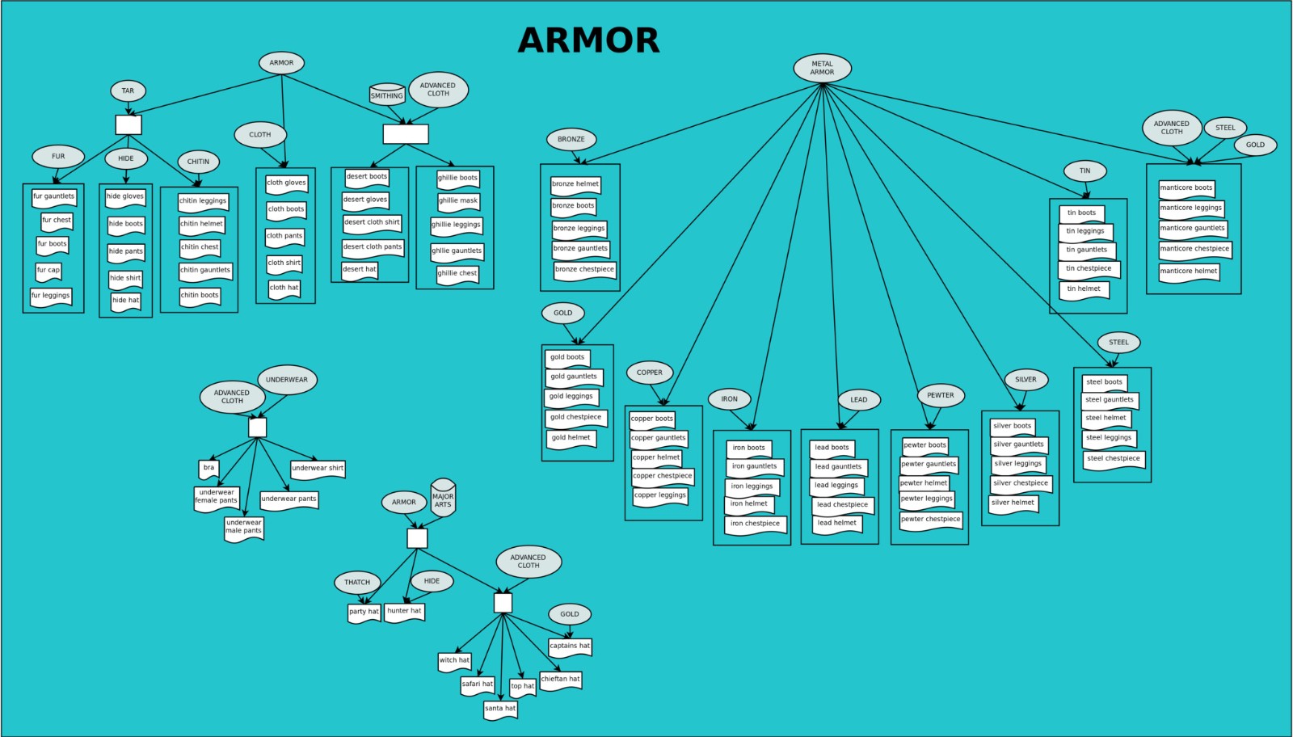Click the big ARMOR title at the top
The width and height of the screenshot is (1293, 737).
[x=588, y=40]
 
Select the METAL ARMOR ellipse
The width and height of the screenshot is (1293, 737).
[x=822, y=68]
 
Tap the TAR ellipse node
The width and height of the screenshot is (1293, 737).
[x=128, y=91]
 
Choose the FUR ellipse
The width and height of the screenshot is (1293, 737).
[x=58, y=156]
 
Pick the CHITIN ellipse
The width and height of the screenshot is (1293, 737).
[x=198, y=162]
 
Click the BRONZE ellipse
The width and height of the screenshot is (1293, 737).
[x=571, y=139]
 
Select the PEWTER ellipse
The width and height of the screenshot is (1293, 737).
[x=941, y=395]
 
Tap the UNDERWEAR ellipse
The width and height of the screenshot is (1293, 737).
[x=287, y=379]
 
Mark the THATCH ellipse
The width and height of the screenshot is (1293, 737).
[x=357, y=582]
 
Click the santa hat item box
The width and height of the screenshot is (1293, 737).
[x=500, y=709]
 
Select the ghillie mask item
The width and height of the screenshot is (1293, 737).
[x=458, y=200]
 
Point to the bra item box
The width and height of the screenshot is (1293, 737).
[x=208, y=468]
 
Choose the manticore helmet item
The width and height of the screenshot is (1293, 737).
[x=1189, y=272]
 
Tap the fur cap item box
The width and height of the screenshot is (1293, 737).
[x=48, y=271]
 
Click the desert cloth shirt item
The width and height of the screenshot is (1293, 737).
[x=372, y=222]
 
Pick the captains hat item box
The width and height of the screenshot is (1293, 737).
[x=570, y=646]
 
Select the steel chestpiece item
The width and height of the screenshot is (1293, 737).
[x=1114, y=459]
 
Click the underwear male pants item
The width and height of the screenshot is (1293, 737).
[x=244, y=527]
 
